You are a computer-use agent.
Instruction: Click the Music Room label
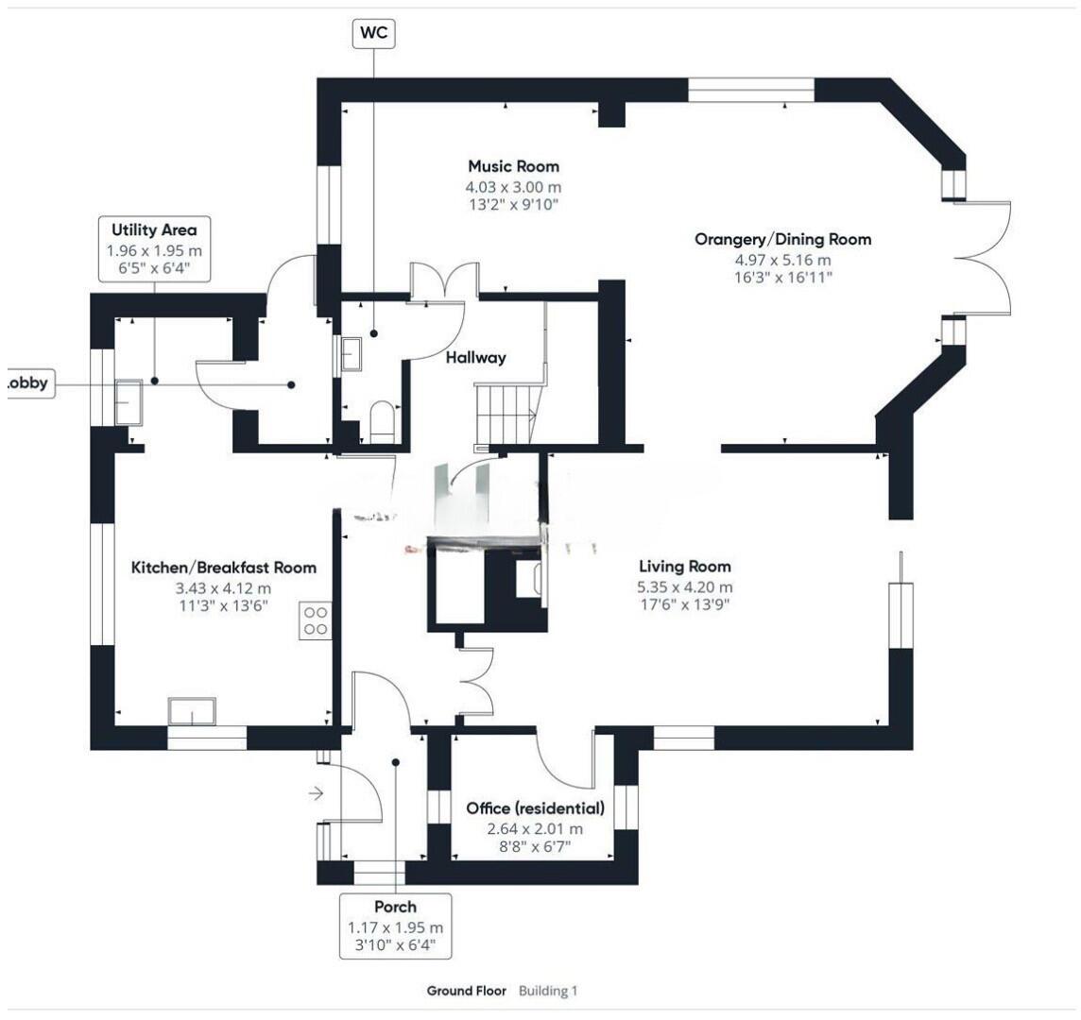point(514,166)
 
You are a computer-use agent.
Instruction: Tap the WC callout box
point(374,33)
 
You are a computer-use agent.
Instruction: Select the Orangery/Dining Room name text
point(783,239)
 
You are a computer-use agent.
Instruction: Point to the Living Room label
point(684,567)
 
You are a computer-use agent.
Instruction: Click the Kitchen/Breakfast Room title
point(224,568)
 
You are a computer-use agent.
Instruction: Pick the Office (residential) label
point(536,808)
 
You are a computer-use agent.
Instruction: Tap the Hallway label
point(475,358)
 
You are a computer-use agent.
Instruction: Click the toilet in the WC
point(381,422)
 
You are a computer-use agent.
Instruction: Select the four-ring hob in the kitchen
point(316,620)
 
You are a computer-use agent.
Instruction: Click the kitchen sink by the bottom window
point(193,712)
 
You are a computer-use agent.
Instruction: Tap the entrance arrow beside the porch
point(315,794)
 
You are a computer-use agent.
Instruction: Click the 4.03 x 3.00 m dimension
point(514,187)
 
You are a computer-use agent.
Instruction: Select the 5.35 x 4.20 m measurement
point(684,587)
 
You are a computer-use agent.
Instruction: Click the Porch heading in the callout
point(396,907)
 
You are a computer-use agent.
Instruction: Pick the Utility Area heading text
point(154,230)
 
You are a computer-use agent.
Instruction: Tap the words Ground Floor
point(467,991)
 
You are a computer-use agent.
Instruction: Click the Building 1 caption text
point(548,991)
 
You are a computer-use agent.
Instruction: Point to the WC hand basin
point(351,353)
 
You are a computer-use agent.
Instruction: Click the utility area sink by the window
point(129,402)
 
